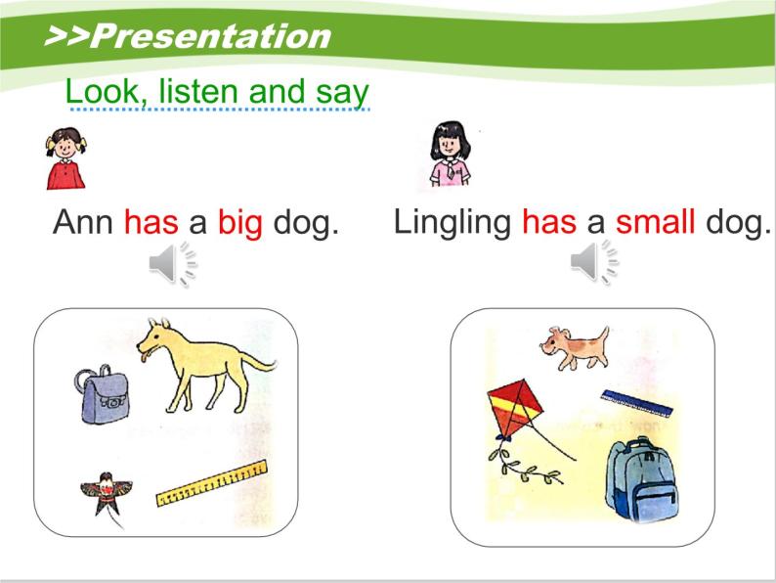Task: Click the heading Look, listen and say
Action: click(217, 92)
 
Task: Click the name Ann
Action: click(83, 223)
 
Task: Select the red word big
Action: click(240, 224)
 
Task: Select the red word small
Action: click(655, 223)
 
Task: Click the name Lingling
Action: click(452, 223)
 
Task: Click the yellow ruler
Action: click(211, 483)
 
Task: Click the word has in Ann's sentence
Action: click(151, 224)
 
